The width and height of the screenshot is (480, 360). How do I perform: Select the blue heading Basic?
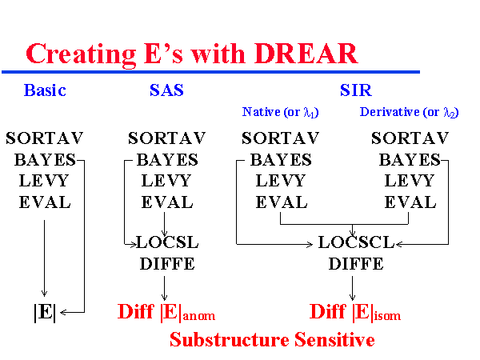(x=45, y=90)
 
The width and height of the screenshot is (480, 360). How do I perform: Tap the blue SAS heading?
(x=166, y=90)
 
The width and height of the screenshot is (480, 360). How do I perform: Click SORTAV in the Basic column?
(x=45, y=138)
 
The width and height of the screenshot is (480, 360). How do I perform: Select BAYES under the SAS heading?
(x=166, y=159)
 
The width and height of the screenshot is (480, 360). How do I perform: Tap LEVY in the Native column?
(x=281, y=181)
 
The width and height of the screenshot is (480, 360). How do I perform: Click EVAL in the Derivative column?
(x=410, y=202)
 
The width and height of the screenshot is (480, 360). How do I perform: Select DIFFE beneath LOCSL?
(x=167, y=263)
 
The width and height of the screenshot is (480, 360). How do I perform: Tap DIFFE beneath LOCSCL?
(x=352, y=263)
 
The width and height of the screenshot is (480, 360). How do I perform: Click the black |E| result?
(x=45, y=312)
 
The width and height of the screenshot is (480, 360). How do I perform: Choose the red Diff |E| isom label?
(x=353, y=312)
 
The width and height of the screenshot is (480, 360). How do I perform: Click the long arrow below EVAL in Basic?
(x=45, y=256)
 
